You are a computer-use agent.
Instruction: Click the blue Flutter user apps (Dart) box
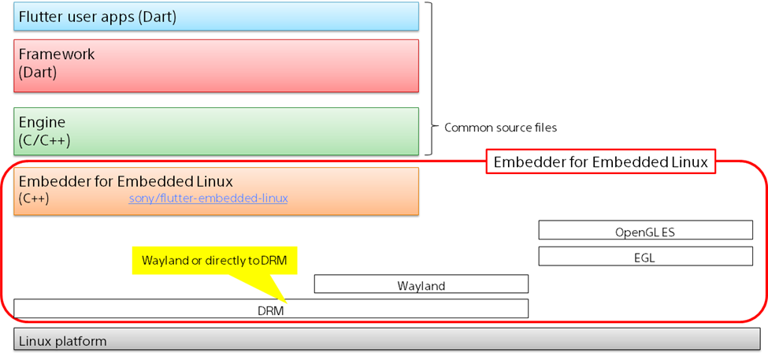pos(216,17)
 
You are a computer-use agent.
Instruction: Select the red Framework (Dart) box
pos(216,65)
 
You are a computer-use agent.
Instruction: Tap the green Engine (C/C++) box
pos(216,131)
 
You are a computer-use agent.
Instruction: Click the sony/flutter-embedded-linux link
pos(208,199)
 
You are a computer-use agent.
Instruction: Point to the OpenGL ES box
pos(645,231)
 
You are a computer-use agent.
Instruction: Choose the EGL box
pos(645,257)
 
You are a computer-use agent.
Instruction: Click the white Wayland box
pos(421,285)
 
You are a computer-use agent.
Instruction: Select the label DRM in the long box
pos(270,310)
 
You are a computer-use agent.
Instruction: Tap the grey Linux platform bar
pos(386,340)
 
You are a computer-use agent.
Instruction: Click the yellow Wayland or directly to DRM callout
pos(214,260)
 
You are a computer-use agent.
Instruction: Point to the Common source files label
pos(500,127)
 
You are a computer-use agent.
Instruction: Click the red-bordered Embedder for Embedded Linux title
pos(601,162)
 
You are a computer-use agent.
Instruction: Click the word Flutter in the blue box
pos(40,17)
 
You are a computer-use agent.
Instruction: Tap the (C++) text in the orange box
pos(33,199)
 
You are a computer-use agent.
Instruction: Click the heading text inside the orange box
pos(125,181)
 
